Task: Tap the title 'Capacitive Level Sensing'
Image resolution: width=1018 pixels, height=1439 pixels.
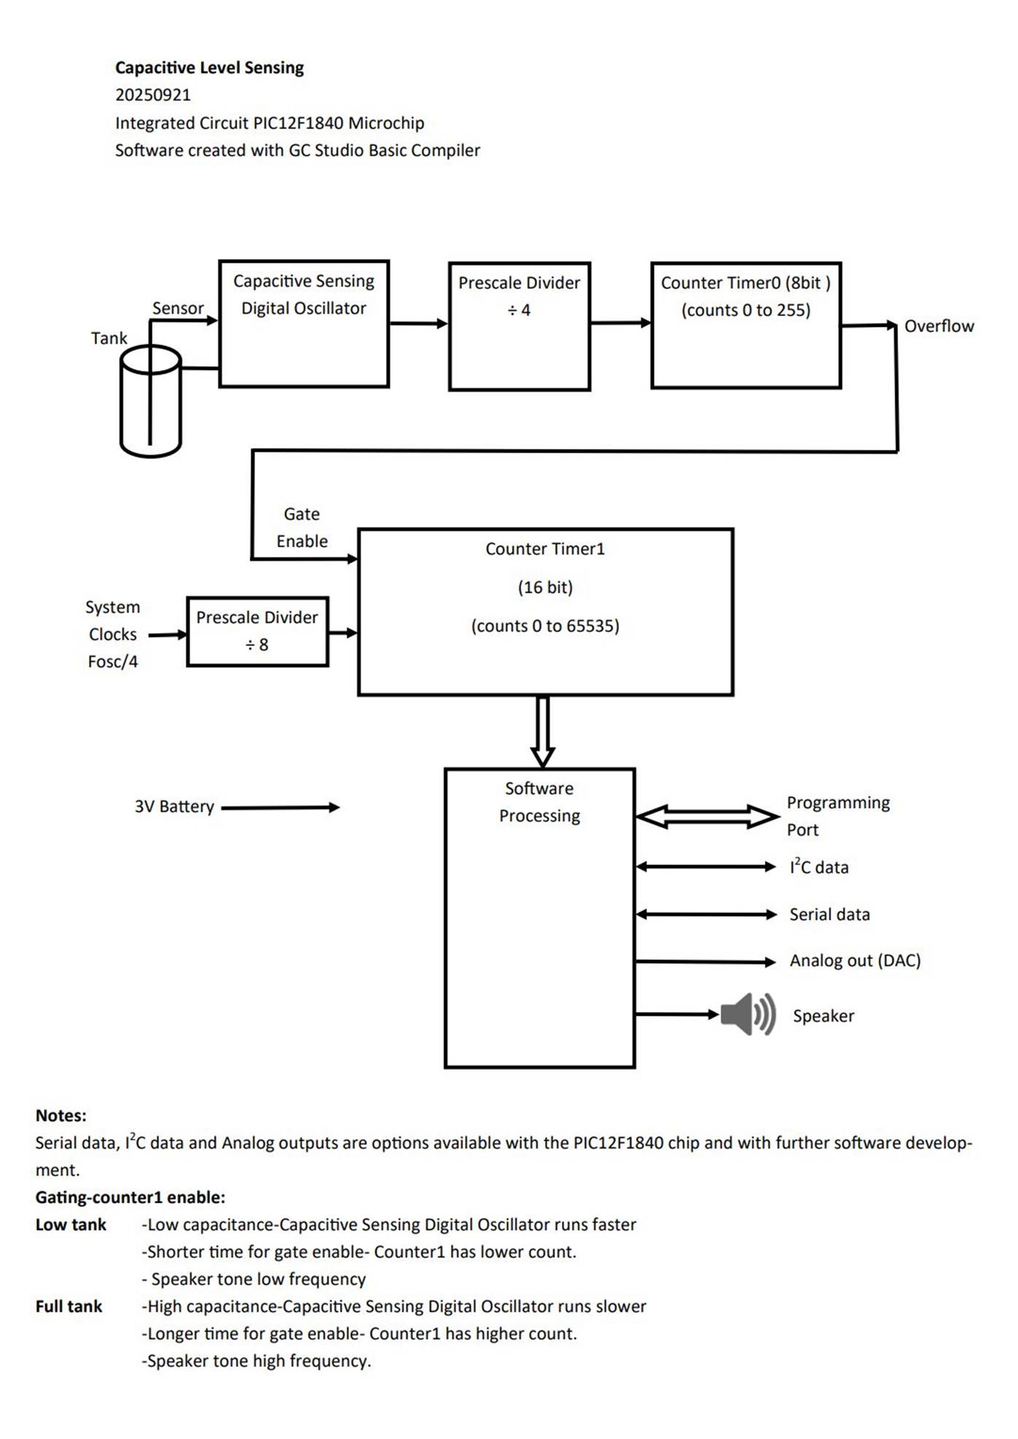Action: tap(209, 68)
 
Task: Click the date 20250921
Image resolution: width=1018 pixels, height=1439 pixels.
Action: tap(153, 95)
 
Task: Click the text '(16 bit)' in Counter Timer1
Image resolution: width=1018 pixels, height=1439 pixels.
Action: tap(545, 587)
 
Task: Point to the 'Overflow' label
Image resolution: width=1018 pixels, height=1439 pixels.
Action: tap(939, 326)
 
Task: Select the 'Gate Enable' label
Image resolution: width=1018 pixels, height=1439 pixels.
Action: tap(302, 528)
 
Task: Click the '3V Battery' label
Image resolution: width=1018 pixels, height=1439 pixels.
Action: tap(174, 806)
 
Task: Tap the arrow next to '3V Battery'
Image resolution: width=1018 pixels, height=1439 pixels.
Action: tap(280, 807)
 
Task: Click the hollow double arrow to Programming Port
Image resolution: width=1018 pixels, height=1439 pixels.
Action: tap(707, 817)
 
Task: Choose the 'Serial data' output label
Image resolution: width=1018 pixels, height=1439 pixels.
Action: tap(830, 914)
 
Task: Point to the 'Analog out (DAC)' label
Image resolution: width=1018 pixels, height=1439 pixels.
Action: tap(855, 960)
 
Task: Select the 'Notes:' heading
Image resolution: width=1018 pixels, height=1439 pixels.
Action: tap(61, 1116)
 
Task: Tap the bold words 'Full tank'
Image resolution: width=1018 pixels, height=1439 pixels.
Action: tap(69, 1306)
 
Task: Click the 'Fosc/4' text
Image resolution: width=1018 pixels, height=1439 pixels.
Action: tap(113, 662)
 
